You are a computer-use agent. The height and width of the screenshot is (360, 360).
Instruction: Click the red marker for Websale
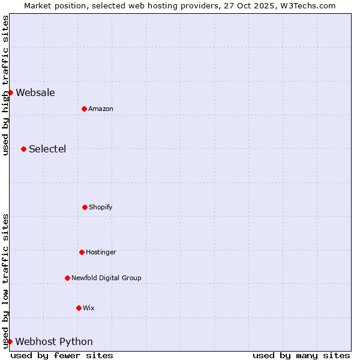pos(10,92)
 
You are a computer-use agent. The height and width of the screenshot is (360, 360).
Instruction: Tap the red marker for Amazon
pos(84,109)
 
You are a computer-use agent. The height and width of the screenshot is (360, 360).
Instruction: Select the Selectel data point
pos(23,149)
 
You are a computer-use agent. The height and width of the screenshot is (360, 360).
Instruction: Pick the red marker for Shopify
pos(85,207)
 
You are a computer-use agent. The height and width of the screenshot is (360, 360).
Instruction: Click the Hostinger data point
pos(82,252)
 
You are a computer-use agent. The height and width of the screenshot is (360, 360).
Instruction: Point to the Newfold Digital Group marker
pos(67,278)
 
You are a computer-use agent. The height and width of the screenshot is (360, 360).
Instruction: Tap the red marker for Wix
pos(79,308)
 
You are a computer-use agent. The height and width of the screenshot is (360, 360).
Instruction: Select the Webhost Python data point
pos(10,341)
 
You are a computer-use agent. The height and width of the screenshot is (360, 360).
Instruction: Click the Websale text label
pos(35,92)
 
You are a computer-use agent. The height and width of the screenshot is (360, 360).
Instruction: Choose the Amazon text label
pos(101,109)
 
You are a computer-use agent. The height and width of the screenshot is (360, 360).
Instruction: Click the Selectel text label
pos(47,149)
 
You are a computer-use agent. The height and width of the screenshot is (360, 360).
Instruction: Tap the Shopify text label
pos(101,207)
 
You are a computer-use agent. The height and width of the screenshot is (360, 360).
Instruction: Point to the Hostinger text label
pos(101,252)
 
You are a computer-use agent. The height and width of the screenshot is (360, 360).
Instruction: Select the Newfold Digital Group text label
pos(106,278)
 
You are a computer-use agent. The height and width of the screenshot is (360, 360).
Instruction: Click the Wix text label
pos(89,308)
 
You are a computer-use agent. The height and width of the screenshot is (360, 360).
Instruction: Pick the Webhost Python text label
pos(54,341)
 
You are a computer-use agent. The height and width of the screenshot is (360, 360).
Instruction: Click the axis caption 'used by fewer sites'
pos(62,355)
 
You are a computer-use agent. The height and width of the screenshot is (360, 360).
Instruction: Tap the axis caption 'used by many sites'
pos(301,355)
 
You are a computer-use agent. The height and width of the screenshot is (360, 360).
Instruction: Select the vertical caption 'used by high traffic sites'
pos(5,85)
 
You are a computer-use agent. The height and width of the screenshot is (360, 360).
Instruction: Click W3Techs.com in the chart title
pos(306,5)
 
